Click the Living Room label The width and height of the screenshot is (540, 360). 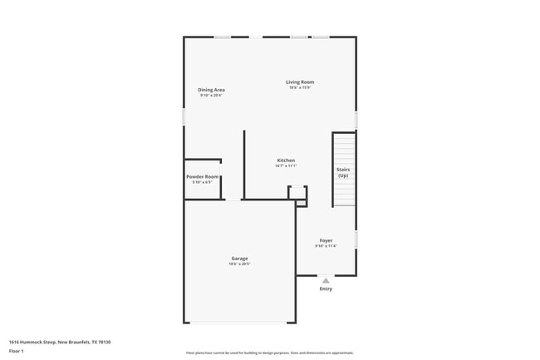pyautogui.click(x=300, y=81)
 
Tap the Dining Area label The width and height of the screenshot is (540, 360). pyautogui.click(x=211, y=90)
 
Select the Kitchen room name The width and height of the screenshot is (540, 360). pyautogui.click(x=286, y=160)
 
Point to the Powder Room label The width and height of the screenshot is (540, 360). pyautogui.click(x=203, y=177)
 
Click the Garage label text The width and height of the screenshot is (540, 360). pyautogui.click(x=239, y=259)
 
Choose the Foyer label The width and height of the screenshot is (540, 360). pyautogui.click(x=326, y=240)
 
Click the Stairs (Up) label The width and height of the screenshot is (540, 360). pyautogui.click(x=342, y=172)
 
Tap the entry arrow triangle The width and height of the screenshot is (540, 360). pyautogui.click(x=326, y=281)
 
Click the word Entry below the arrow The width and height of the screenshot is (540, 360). pyautogui.click(x=326, y=289)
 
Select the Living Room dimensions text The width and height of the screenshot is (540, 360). pyautogui.click(x=300, y=88)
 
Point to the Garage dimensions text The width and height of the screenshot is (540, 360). pyautogui.click(x=239, y=264)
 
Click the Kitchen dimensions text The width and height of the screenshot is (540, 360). pyautogui.click(x=286, y=166)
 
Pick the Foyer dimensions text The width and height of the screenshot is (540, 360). pyautogui.click(x=326, y=246)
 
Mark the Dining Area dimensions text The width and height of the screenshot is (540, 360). pyautogui.click(x=211, y=96)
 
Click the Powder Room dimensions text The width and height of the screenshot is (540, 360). pyautogui.click(x=203, y=183)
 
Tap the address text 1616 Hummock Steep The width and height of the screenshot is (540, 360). pyautogui.click(x=60, y=342)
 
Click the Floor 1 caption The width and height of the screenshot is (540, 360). pyautogui.click(x=17, y=352)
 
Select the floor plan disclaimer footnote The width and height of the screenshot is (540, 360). pyautogui.click(x=269, y=353)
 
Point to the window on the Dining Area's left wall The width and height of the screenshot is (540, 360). pyautogui.click(x=184, y=116)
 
